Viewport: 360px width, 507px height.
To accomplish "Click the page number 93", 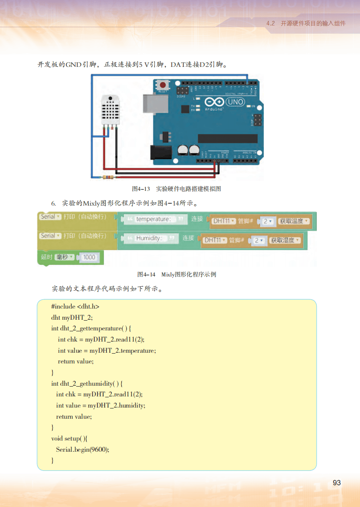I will [x=337, y=483].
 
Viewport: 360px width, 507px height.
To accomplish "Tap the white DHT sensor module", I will [x=110, y=109].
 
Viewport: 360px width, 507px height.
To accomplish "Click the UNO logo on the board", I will [x=235, y=102].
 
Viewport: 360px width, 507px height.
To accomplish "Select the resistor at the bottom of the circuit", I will [x=108, y=178].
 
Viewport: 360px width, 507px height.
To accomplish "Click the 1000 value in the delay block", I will [x=89, y=257].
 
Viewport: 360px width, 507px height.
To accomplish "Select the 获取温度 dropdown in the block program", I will [x=294, y=221].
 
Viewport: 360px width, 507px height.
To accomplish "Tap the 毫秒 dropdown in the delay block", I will [x=64, y=257].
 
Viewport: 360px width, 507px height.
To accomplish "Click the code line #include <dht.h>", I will [x=75, y=307].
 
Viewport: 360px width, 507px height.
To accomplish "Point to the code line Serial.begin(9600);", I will [x=82, y=449].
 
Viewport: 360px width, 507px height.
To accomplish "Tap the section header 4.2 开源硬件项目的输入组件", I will [x=306, y=23].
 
